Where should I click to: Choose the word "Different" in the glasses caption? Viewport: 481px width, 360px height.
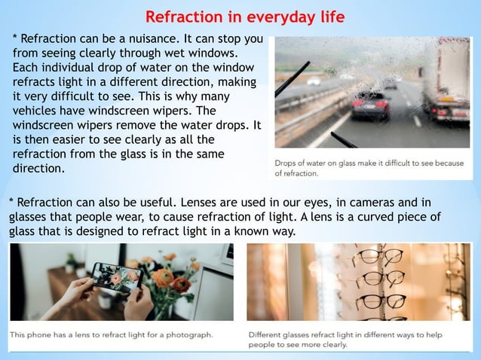(270, 334)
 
